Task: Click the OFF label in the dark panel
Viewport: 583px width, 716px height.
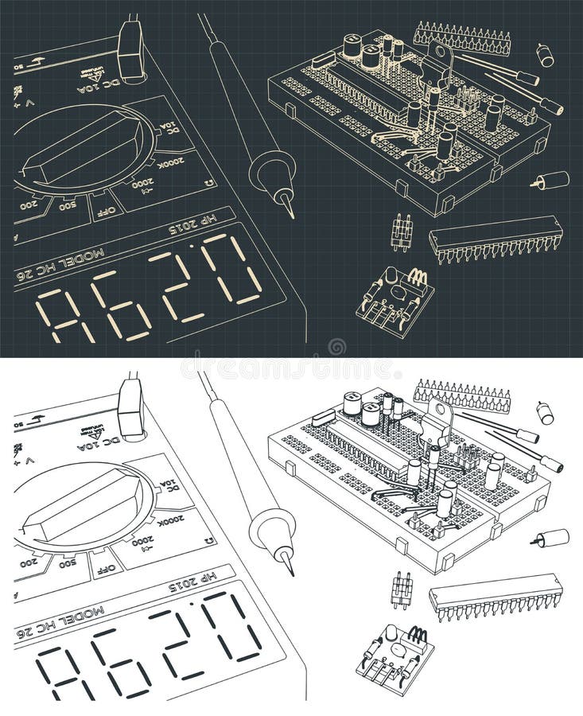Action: point(105,210)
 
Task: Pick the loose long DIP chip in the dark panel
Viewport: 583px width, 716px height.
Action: point(496,237)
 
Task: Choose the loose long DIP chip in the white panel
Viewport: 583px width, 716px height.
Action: point(496,594)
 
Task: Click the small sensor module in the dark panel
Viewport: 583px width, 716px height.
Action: point(394,295)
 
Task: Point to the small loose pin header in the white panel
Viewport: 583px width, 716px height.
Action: point(402,590)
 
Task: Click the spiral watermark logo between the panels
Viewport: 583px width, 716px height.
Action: point(337,347)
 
